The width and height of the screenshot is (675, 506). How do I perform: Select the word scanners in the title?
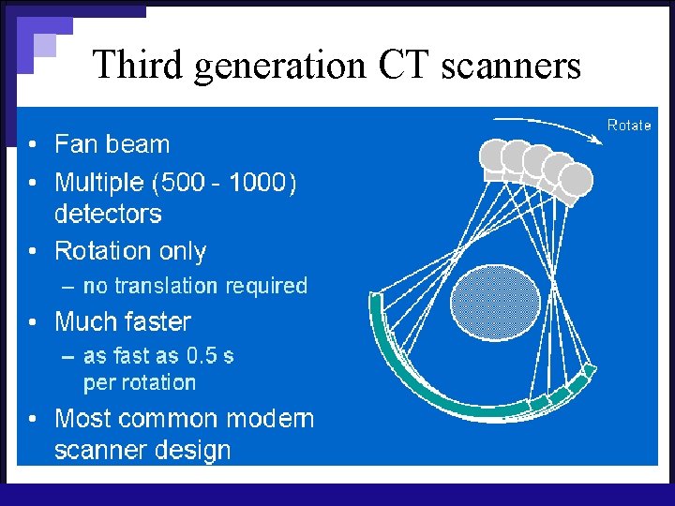tap(513, 65)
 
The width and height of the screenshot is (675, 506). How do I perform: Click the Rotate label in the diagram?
tap(628, 125)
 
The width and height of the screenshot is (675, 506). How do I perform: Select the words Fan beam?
tap(112, 144)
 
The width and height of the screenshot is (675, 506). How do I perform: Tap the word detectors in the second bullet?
tap(108, 214)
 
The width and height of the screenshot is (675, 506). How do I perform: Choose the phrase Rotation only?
tap(130, 251)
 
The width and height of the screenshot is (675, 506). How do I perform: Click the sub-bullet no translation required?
tap(195, 286)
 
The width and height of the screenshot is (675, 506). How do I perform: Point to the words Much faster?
tap(123, 321)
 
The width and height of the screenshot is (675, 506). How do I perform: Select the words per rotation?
tap(140, 382)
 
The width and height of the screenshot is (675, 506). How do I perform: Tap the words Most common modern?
tap(184, 418)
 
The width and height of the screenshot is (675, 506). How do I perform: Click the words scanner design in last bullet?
tap(142, 450)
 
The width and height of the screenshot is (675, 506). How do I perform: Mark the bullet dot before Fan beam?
tap(33, 146)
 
